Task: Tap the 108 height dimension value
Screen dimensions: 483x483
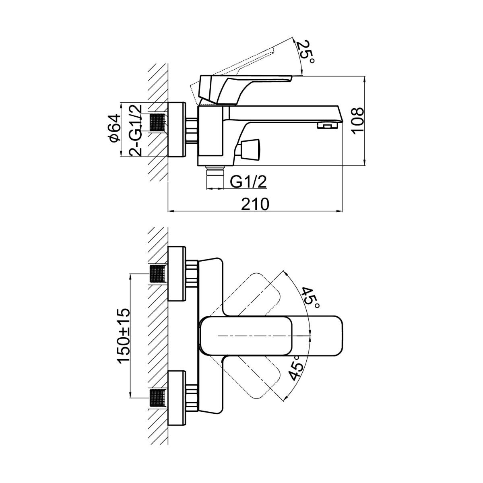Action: (357, 120)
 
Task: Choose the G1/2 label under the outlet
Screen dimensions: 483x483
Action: (249, 182)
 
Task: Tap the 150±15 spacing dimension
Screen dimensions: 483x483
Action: (124, 336)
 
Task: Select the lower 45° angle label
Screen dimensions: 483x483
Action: (296, 367)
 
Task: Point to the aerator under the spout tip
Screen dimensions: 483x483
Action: (326, 126)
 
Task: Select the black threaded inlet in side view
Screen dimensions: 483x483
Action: (157, 122)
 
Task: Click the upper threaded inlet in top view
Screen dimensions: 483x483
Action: (158, 275)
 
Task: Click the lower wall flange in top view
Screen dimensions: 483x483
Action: (177, 398)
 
